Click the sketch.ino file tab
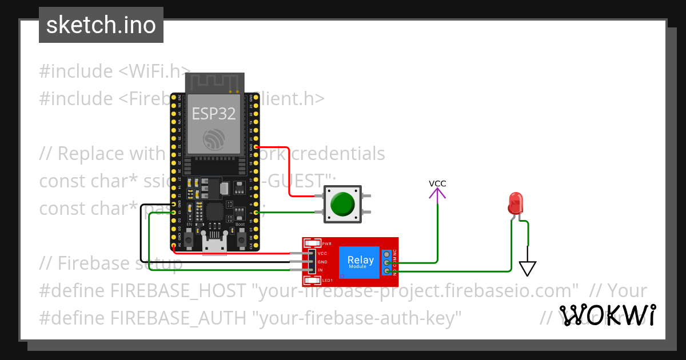(x=101, y=25)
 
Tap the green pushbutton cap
(x=342, y=204)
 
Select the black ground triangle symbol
(x=527, y=267)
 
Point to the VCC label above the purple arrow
(x=437, y=183)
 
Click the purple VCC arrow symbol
(x=437, y=195)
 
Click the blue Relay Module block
(x=360, y=262)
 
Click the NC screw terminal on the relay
(x=387, y=254)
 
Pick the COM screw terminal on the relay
(x=387, y=263)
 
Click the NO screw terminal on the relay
(x=387, y=271)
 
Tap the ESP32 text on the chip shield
(x=213, y=114)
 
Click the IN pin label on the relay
(x=320, y=270)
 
